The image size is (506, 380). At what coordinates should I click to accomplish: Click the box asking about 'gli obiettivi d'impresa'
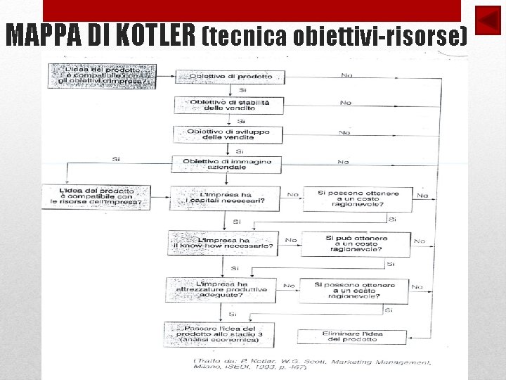[103, 75]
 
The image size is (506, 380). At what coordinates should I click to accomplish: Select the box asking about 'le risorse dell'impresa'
[96, 197]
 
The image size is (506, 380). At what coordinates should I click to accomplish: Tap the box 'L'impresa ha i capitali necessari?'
[226, 198]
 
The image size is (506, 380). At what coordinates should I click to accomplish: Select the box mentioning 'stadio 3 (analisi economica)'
[219, 334]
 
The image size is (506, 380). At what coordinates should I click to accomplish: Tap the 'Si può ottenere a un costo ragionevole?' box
[357, 243]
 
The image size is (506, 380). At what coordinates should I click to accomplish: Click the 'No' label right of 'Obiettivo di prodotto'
[347, 74]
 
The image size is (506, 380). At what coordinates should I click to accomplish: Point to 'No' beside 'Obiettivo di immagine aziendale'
[343, 161]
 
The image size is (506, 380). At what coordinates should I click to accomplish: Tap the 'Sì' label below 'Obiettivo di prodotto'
[242, 90]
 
